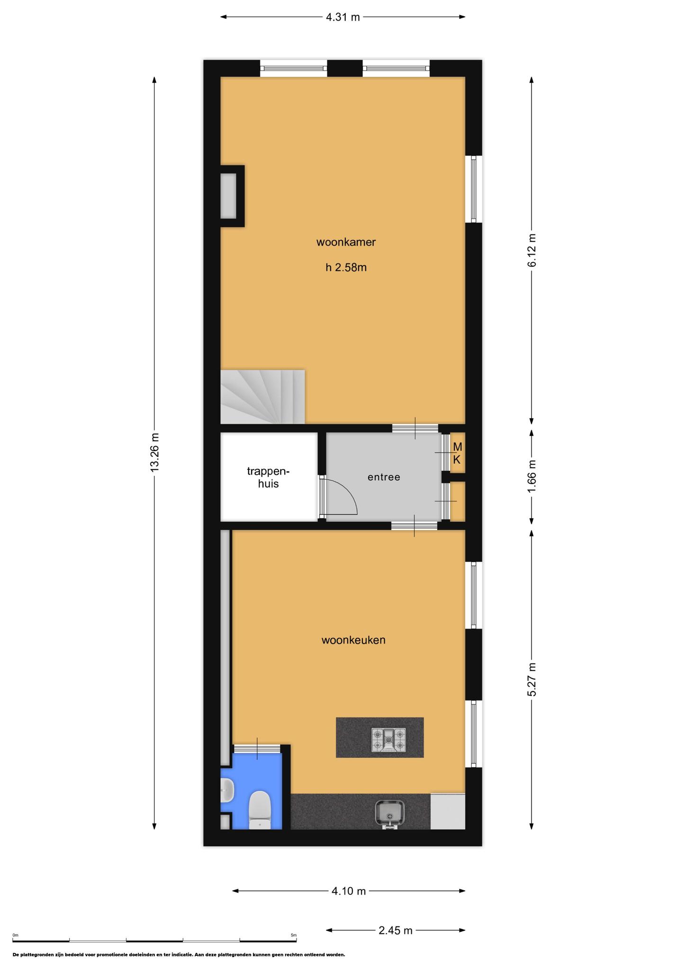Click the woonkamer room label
pyautogui.click(x=346, y=242)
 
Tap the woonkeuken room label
pyautogui.click(x=353, y=640)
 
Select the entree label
pyautogui.click(x=384, y=477)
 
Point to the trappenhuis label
pyautogui.click(x=268, y=477)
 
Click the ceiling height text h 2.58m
pyautogui.click(x=346, y=268)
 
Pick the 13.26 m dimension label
pyautogui.click(x=154, y=452)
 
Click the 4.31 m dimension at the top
pyautogui.click(x=343, y=17)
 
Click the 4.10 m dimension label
pyautogui.click(x=349, y=891)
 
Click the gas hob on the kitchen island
pyautogui.click(x=389, y=740)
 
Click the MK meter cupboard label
pyautogui.click(x=457, y=453)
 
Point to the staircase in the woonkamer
pyautogui.click(x=262, y=397)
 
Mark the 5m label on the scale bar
pyautogui.click(x=294, y=935)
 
